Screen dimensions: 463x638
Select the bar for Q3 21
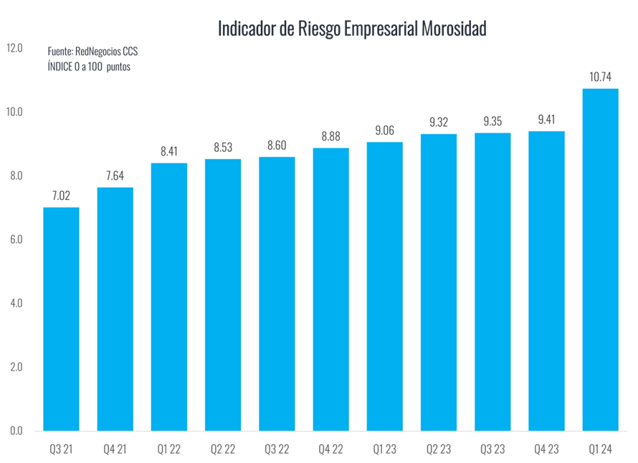pos(61,319)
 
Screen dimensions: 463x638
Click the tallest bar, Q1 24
pos(600,259)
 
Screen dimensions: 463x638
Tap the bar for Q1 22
pos(168,297)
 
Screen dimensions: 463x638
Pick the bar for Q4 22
pos(330,289)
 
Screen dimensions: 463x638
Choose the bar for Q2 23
pos(439,282)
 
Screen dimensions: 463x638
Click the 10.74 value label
pos(600,76)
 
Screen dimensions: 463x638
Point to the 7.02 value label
pos(61,195)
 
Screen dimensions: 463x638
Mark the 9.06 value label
pos(384,130)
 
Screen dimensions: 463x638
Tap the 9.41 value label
pos(546,119)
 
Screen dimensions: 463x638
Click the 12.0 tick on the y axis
pos(14,48)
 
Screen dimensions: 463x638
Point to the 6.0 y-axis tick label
pos(16,239)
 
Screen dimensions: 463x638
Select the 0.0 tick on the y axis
pos(16,430)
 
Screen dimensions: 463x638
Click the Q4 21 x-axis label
pos(115,449)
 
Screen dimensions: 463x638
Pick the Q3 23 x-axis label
pos(492,449)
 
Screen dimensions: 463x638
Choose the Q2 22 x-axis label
pos(223,449)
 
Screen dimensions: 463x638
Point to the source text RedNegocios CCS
pos(106,52)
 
